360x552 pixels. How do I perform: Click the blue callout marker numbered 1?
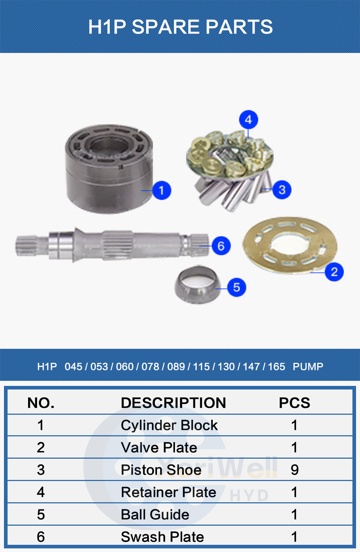point(161,190)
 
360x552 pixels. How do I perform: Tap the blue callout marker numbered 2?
point(334,272)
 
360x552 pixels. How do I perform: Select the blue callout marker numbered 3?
point(282,190)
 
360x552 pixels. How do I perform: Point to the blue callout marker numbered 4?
point(248,120)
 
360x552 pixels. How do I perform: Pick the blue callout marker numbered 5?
point(237,288)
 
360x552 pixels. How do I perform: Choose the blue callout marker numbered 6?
point(221,246)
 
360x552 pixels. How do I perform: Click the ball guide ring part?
point(197,284)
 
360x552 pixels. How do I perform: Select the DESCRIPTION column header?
point(173,403)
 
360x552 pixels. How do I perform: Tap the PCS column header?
point(294,403)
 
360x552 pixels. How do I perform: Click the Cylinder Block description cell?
point(169,426)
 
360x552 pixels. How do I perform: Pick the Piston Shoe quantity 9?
point(294,470)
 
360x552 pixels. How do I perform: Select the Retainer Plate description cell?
point(168,492)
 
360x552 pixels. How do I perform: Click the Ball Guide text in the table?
point(155,515)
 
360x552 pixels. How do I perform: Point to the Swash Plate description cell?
point(162,537)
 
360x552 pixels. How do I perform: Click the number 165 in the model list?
point(276,367)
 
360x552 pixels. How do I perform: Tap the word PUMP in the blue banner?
point(308,367)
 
